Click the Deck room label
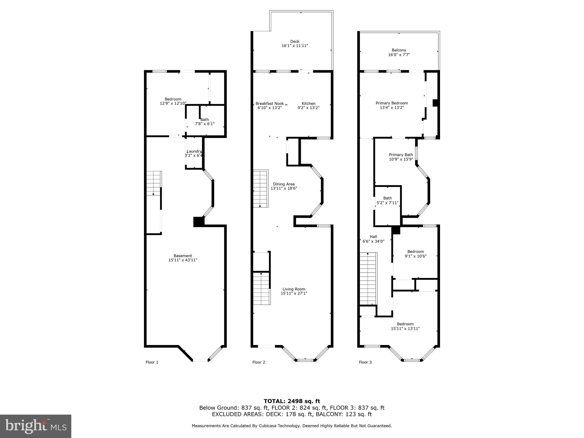point(295,42)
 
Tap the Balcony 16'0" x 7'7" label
point(399,52)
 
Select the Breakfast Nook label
point(269,104)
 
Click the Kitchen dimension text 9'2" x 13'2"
point(308,108)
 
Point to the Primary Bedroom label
point(392,103)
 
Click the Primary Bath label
point(401,155)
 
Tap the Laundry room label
point(194,151)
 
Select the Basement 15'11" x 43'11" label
point(182,258)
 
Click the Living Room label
point(294,289)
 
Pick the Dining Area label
point(284,184)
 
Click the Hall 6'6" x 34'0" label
point(373,239)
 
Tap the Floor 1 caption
point(152,362)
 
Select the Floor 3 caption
point(365,362)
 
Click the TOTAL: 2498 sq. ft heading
point(292,401)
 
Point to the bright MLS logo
point(36,426)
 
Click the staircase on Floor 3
point(368,279)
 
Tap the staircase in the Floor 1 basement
point(154,183)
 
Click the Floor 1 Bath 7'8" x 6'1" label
point(204,122)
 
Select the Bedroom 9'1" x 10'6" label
point(415,254)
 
